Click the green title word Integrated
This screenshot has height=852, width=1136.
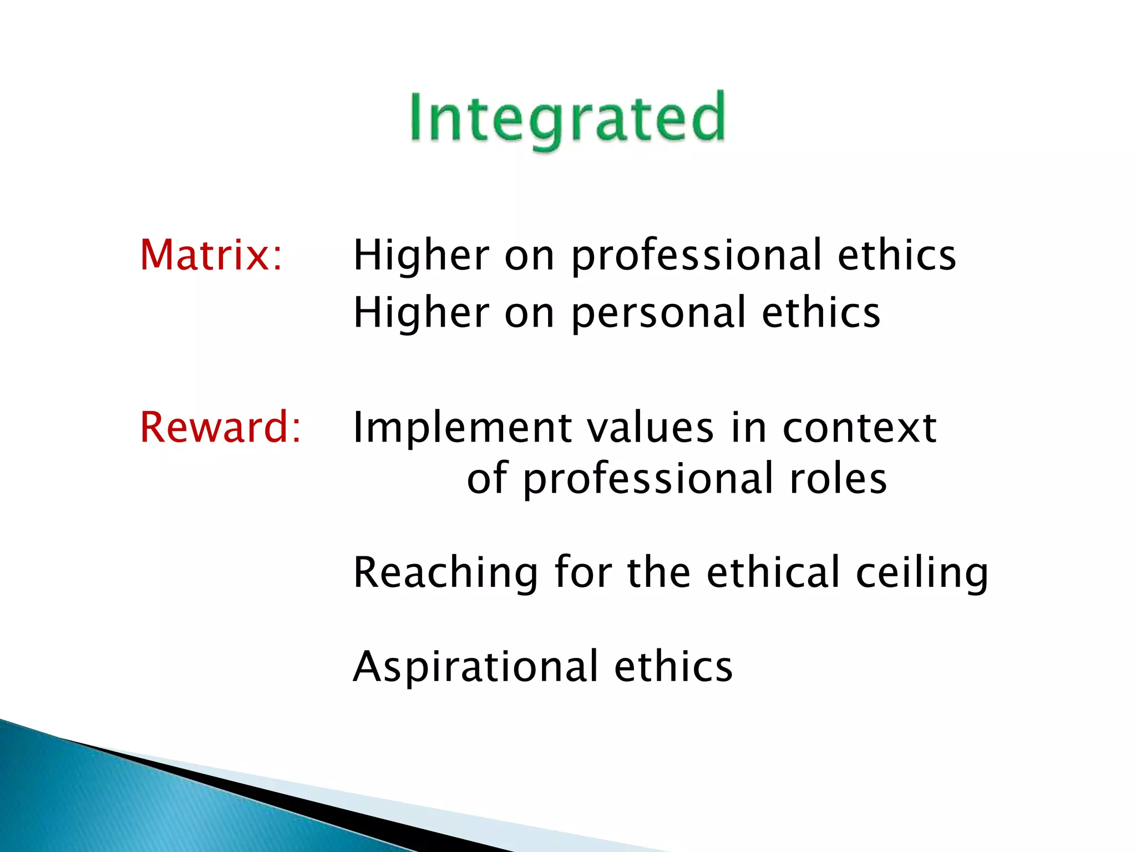click(x=567, y=118)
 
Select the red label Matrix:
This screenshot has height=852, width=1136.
click(x=211, y=255)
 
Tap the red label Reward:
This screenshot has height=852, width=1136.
click(x=220, y=427)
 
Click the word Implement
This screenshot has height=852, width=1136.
click(x=462, y=428)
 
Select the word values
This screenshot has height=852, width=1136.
click(x=650, y=428)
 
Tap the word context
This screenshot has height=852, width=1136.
click(x=859, y=428)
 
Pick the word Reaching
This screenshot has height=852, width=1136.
click(x=445, y=572)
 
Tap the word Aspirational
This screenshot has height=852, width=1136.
click(x=476, y=667)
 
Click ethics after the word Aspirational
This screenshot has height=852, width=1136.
click(x=673, y=667)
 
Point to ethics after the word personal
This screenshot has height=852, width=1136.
click(x=820, y=313)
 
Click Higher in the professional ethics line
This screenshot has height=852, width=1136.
click(x=422, y=256)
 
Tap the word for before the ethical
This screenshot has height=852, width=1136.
click(x=582, y=572)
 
